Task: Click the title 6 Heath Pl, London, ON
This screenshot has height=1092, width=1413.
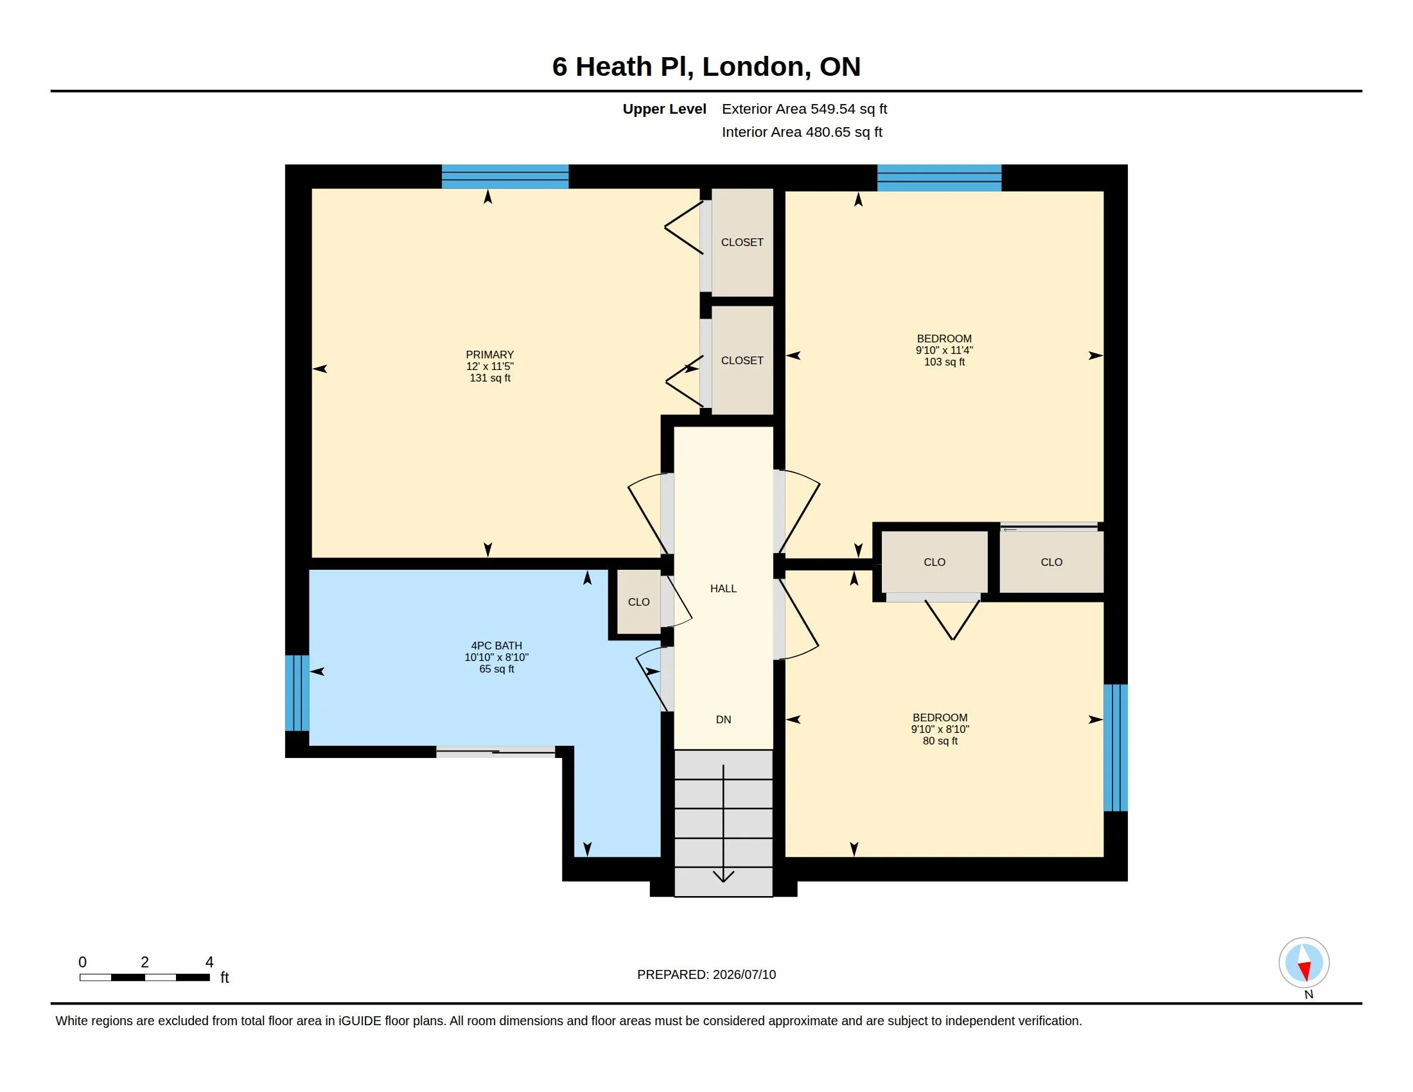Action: (706, 67)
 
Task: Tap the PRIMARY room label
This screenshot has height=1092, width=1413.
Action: (490, 355)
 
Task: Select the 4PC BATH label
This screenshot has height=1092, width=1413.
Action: (496, 646)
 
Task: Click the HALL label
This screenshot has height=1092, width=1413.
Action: (723, 588)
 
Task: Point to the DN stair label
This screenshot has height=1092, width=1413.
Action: (723, 719)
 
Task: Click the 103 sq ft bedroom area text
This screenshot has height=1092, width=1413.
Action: (944, 362)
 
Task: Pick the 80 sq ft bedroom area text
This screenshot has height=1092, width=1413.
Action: (940, 741)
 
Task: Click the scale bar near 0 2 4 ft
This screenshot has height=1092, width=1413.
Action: (145, 978)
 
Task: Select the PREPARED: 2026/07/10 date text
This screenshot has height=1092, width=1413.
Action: (706, 975)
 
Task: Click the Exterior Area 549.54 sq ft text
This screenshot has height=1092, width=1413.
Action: (804, 109)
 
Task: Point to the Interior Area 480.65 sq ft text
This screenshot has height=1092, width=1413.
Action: (802, 132)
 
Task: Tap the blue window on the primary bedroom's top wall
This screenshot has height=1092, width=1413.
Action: (505, 177)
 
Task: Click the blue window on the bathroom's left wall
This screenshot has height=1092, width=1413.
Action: (297, 694)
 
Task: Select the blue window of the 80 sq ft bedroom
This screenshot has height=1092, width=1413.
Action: (1116, 748)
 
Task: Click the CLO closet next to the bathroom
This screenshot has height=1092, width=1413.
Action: (638, 603)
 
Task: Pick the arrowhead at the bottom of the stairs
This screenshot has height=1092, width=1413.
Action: (723, 877)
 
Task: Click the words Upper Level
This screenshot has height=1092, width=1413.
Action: (664, 109)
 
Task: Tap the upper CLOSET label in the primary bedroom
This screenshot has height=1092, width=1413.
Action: (742, 243)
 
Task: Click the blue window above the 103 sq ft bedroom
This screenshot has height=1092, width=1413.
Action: (940, 178)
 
